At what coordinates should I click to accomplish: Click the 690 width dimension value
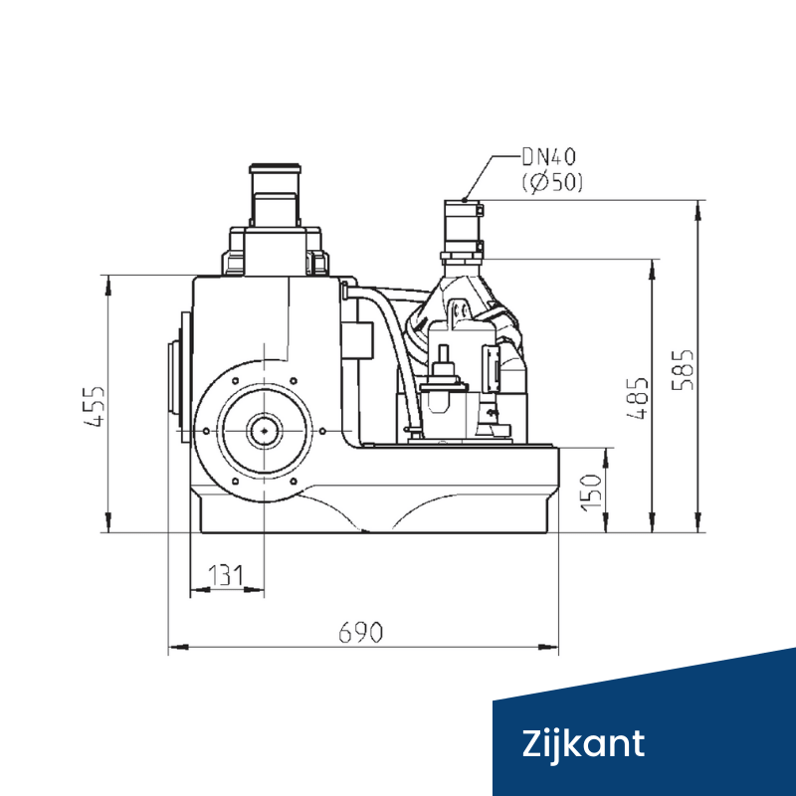pyautogui.click(x=361, y=633)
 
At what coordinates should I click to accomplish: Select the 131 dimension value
pyautogui.click(x=226, y=575)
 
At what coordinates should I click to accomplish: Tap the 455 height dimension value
pyautogui.click(x=95, y=406)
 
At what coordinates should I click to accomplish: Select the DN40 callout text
pyautogui.click(x=548, y=156)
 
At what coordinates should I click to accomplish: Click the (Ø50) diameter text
pyautogui.click(x=551, y=182)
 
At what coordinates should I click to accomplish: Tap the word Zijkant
pyautogui.click(x=584, y=743)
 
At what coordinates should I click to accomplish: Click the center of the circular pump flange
pyautogui.click(x=264, y=430)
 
